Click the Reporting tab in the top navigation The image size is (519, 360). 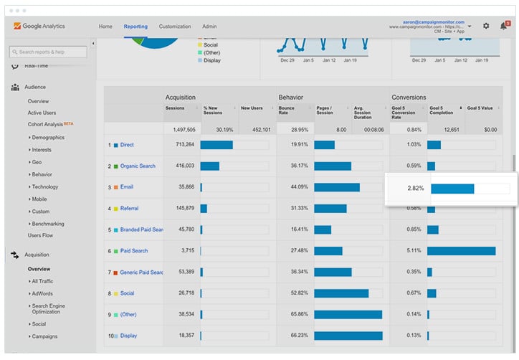pos(135,27)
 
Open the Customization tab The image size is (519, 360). pos(175,27)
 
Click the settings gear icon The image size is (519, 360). pos(486,27)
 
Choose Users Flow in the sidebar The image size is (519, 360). pos(40,235)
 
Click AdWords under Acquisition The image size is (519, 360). pos(42,293)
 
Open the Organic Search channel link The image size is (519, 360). pos(137,166)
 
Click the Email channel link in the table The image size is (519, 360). pos(127,187)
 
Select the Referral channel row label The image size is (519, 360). pos(129,209)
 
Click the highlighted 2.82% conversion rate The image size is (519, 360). pos(416,189)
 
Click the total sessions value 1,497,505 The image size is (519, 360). pos(181,130)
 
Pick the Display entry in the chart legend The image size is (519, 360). pos(211,60)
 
